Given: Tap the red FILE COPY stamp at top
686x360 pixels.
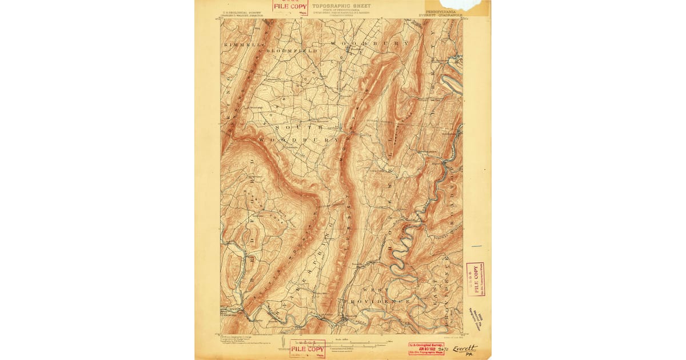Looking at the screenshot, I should [x=290, y=7].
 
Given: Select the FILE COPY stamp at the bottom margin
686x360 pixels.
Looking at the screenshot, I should [x=308, y=348].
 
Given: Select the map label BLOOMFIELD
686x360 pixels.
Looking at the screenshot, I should [x=292, y=51].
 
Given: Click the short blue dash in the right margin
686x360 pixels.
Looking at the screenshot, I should [x=477, y=247].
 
